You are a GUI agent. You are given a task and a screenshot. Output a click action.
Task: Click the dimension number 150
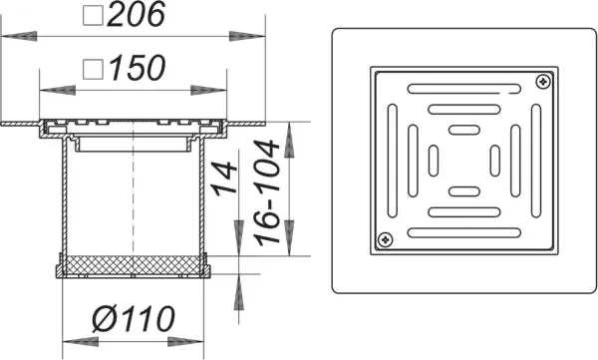click(135, 70)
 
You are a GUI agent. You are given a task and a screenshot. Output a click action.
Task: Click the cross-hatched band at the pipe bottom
click(134, 266)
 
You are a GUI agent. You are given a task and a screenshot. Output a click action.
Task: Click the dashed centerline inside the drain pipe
click(133, 199)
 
